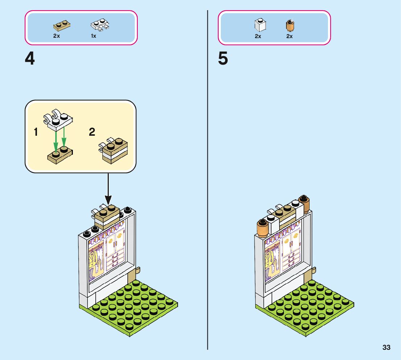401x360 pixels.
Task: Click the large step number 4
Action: [30, 59]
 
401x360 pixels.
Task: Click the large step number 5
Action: [223, 59]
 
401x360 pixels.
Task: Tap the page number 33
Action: [386, 347]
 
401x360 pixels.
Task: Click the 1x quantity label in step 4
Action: [94, 36]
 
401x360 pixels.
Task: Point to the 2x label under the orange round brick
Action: [289, 36]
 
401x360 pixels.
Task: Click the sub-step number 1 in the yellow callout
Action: [36, 132]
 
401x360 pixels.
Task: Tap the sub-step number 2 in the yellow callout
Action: [92, 132]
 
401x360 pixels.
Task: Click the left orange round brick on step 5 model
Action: [262, 228]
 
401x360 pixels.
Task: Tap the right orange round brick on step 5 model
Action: [304, 204]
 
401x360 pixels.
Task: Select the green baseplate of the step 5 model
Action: [305, 308]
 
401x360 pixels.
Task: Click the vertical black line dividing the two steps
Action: [208, 181]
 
